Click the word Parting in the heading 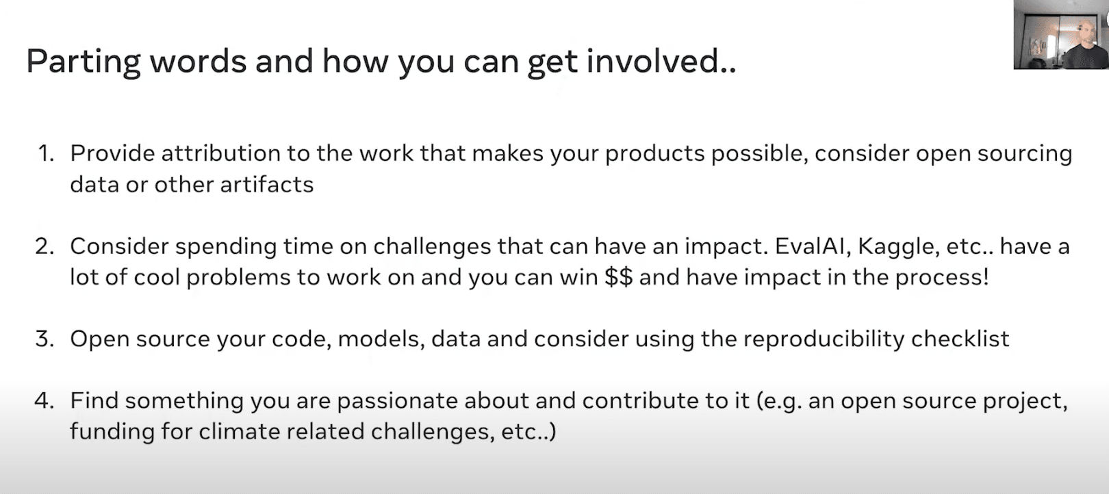tap(83, 62)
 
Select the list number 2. tap(44, 246)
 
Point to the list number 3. tap(44, 339)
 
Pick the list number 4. tap(44, 400)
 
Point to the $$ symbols tap(619, 277)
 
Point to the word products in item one tap(654, 153)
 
